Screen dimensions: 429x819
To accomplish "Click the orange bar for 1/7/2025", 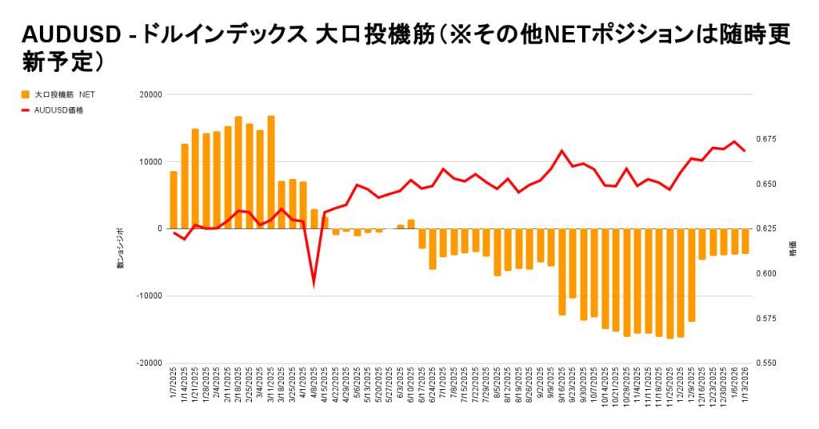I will coord(174,200).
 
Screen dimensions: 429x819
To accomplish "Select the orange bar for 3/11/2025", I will coord(271,172).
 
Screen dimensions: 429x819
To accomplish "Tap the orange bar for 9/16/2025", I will coord(562,272).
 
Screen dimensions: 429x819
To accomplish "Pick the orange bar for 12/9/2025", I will coord(692,275).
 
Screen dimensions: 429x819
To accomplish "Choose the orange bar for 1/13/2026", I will coord(745,241).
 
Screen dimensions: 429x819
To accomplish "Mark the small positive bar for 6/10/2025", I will coord(411,224).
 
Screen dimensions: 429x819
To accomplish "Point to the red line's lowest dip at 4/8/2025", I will coord(314,284).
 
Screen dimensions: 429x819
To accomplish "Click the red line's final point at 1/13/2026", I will coord(745,151).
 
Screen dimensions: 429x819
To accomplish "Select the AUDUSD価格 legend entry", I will coord(59,110).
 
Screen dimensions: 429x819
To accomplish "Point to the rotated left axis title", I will coord(121,248).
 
